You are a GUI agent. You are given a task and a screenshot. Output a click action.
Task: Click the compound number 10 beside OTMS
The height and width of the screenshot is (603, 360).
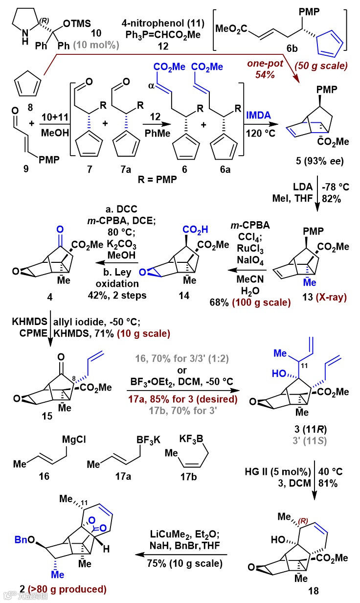click(x=97, y=33)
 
